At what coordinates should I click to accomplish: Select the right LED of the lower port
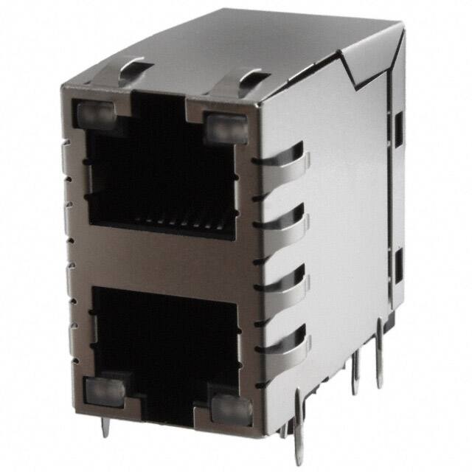point(232,406)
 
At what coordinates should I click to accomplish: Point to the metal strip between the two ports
point(162,258)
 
